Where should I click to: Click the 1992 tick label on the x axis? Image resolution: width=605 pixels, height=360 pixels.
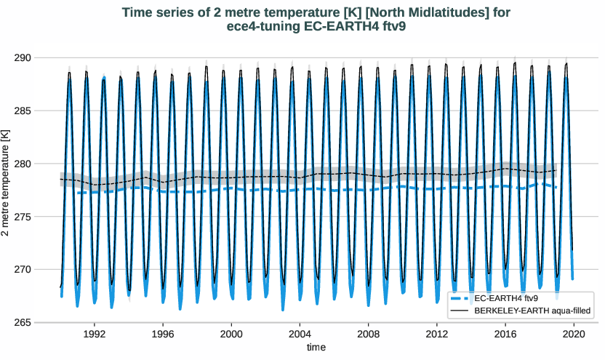tap(95, 334)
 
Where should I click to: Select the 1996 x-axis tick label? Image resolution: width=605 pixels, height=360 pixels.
tap(163, 334)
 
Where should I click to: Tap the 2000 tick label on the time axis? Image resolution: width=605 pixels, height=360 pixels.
tap(231, 334)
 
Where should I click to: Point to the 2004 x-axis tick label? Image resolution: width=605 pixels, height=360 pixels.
tap(300, 334)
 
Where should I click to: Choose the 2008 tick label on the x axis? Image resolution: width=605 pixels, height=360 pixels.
tap(368, 334)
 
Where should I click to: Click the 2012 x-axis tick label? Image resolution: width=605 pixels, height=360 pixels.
tap(436, 334)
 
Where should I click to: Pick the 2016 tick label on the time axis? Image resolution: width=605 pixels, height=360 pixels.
tap(505, 334)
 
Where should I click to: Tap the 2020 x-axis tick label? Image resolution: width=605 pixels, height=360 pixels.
tap(573, 334)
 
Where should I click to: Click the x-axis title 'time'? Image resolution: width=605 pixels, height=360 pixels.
tap(316, 348)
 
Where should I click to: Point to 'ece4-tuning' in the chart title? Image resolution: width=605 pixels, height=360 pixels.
tap(260, 27)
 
